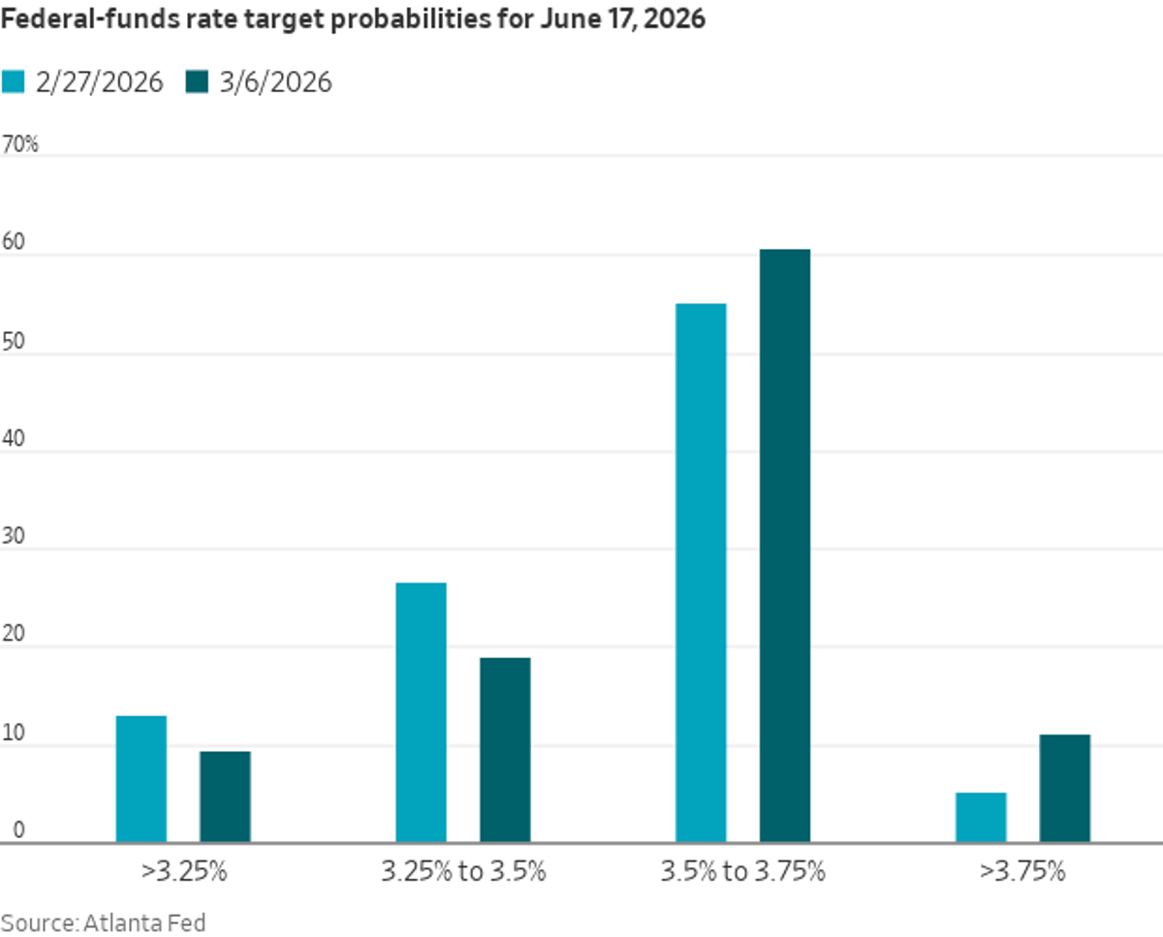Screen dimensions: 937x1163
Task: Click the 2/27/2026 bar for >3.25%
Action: point(141,779)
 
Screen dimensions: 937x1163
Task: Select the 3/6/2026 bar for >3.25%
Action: point(225,796)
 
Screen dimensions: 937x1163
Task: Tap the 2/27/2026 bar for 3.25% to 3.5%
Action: point(422,712)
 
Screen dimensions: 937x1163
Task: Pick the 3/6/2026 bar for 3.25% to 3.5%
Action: point(505,750)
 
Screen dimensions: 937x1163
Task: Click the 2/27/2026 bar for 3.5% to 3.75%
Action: point(701,573)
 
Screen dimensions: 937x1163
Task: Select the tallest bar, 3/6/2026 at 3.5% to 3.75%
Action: point(785,546)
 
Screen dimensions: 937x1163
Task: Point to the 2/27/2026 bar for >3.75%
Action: point(981,818)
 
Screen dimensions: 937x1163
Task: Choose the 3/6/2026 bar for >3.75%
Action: point(1064,789)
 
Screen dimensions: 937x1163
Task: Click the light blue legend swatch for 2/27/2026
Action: point(13,82)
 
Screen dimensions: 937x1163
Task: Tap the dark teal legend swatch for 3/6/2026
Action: point(198,82)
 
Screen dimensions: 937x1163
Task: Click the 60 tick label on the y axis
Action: point(14,243)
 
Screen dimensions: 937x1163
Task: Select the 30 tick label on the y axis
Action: point(14,538)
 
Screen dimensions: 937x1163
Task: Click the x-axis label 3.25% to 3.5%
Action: point(463,871)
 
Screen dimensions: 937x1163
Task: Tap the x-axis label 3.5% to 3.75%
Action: point(742,871)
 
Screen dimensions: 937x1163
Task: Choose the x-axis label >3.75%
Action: point(1022,871)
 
